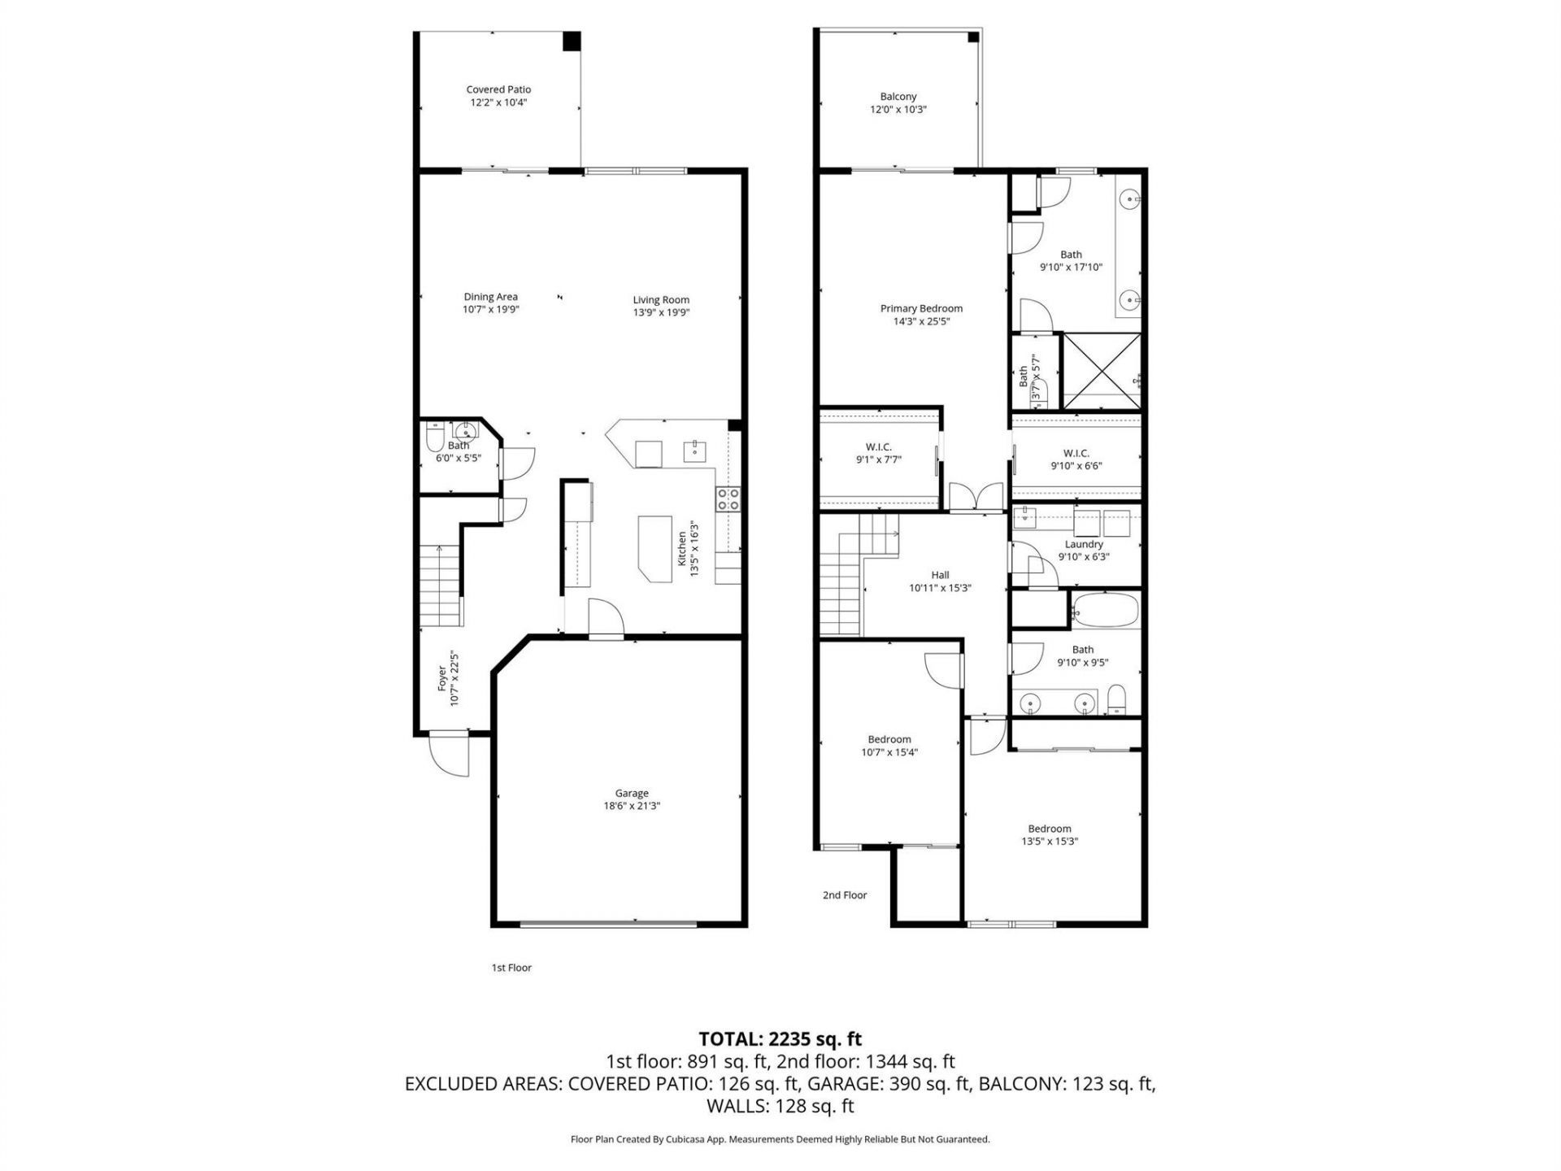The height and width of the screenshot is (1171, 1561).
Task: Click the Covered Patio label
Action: [x=498, y=89]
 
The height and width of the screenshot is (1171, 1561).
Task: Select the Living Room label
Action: [x=661, y=300]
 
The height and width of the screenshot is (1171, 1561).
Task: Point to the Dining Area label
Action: [x=490, y=297]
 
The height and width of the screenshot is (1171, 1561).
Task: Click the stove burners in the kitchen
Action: [x=728, y=498]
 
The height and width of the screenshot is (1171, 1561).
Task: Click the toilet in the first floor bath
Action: [x=435, y=440]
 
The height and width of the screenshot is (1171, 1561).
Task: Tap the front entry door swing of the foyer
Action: [x=449, y=754]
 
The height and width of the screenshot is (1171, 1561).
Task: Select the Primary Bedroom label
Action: [x=921, y=308]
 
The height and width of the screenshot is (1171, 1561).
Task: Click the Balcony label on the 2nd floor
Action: [x=898, y=96]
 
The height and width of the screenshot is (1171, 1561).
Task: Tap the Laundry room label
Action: [x=1084, y=544]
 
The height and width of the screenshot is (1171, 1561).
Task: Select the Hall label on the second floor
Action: [x=940, y=575]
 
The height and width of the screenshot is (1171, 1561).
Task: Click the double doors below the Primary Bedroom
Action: [x=976, y=496]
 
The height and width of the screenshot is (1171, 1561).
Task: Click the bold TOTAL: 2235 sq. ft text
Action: [x=780, y=1038]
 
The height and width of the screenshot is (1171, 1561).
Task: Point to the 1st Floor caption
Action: [x=511, y=968]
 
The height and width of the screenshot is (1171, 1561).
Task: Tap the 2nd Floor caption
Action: [x=845, y=895]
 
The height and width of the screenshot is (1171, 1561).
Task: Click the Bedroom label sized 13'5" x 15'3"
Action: [x=1049, y=829]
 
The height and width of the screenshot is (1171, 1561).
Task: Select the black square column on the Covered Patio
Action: [x=572, y=41]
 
